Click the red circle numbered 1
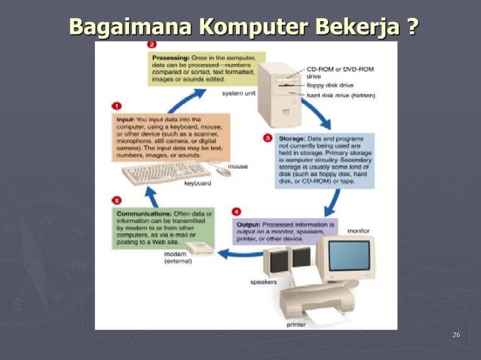pos(117,106)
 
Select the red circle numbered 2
pos(152,45)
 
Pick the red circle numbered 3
pos(268,139)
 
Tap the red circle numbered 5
pos(117,201)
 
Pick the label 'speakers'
pos(263,282)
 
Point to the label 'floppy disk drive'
pos(330,85)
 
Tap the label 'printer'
pos(296,325)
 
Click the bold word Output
pos(249,224)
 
